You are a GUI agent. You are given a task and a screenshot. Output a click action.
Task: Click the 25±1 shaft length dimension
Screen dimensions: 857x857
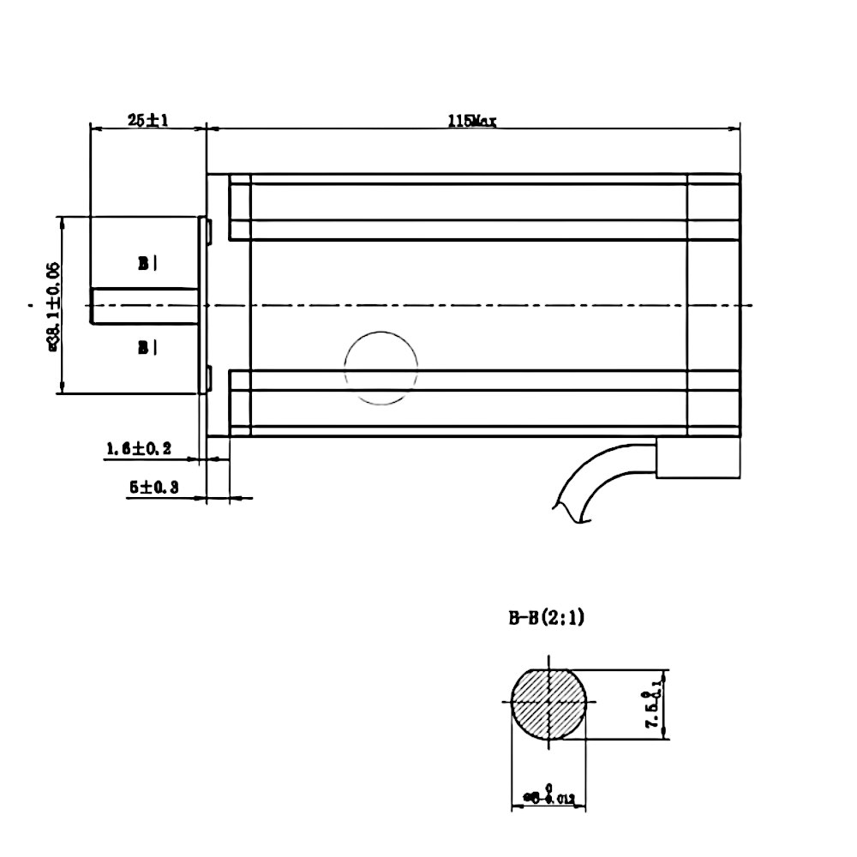[147, 121]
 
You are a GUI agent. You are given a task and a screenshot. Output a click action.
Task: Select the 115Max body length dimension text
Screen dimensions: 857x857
[471, 121]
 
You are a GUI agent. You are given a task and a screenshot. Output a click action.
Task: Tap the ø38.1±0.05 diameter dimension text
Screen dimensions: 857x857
[52, 306]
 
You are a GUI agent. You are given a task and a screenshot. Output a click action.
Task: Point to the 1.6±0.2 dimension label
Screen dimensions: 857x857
[139, 448]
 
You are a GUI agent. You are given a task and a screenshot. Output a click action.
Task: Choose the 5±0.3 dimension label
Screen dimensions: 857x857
[153, 487]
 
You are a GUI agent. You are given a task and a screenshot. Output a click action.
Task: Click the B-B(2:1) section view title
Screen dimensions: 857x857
[546, 618]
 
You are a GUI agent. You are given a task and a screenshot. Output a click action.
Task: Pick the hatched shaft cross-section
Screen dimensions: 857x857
[548, 704]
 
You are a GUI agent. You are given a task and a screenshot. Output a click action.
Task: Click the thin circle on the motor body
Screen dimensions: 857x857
[381, 367]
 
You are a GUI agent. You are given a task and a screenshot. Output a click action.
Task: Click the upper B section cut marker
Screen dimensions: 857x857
[147, 264]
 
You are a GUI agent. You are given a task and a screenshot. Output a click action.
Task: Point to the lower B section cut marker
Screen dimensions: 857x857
[147, 346]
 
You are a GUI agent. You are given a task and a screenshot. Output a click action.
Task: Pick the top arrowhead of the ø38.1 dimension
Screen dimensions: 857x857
[62, 220]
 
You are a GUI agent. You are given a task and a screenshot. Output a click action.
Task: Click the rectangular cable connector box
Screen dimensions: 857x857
[697, 458]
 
